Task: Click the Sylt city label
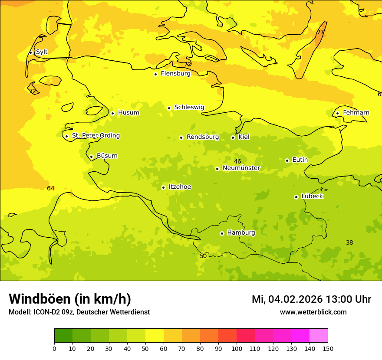pos(42,52)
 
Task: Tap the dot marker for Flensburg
pos(155,74)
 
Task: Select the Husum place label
pos(128,113)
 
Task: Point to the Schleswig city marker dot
pos(169,108)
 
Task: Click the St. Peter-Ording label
pos(96,136)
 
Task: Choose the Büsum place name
pos(107,156)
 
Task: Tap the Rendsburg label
pos(203,137)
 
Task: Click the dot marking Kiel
pos(233,137)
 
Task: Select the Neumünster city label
pos(241,168)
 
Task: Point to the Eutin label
pos(300,160)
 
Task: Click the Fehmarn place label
pos(356,113)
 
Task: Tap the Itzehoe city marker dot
pos(163,187)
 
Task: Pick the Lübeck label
pos(312,196)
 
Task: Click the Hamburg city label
pos(241,233)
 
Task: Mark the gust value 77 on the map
pos(320,33)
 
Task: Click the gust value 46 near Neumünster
pos(237,162)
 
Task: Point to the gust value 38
pos(349,243)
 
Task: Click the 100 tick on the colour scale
pos(237,349)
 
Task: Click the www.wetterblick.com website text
pos(313,312)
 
